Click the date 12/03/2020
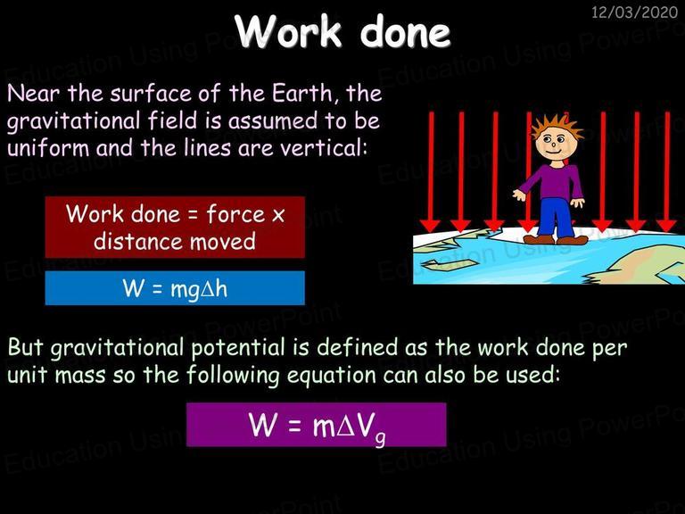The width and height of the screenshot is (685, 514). [634, 12]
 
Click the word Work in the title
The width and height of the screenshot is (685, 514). [288, 31]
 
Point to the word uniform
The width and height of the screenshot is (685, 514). [48, 148]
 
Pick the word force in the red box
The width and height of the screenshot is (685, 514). [235, 214]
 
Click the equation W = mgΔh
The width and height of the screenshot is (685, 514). [175, 288]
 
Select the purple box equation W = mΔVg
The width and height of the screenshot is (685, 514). [318, 426]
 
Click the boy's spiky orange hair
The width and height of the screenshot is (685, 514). [557, 126]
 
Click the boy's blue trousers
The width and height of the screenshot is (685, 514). [554, 217]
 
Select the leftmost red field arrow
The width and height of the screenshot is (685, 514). [431, 171]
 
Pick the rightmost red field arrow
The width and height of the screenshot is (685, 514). [667, 171]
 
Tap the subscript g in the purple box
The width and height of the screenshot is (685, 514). [380, 438]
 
